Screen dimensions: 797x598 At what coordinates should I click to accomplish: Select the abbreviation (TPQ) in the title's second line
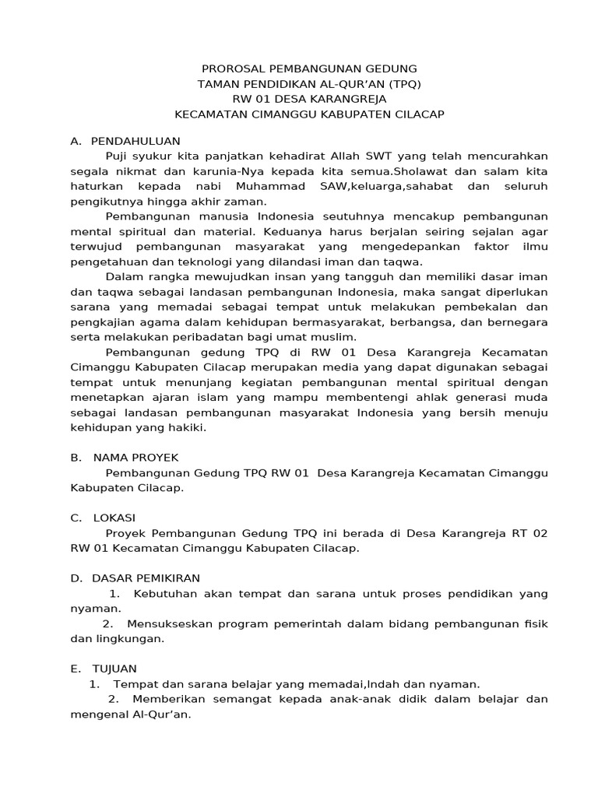click(x=406, y=84)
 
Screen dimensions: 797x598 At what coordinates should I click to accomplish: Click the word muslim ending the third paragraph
click(x=334, y=337)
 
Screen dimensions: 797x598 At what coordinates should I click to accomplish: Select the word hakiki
click(x=186, y=428)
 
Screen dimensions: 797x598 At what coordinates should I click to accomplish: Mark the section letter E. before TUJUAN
click(x=75, y=669)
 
